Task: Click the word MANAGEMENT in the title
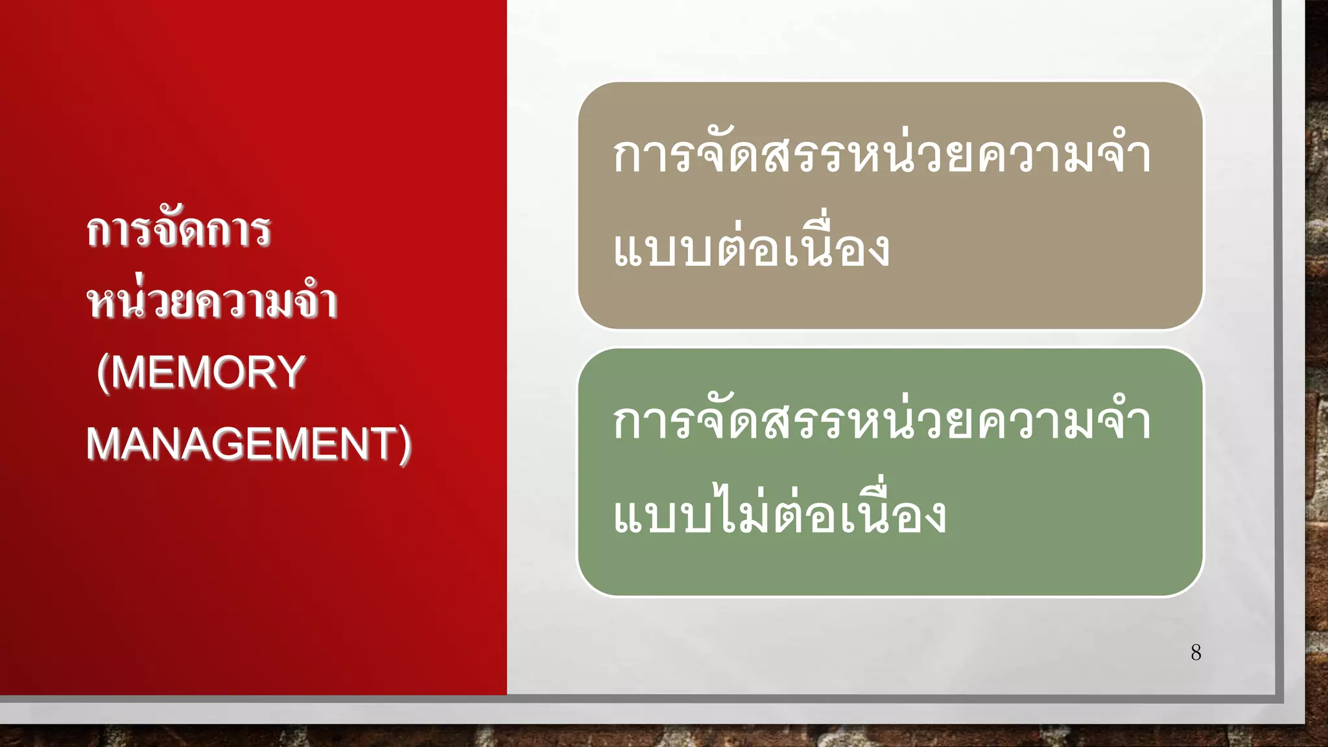[x=240, y=444]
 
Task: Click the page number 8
[x=1196, y=652]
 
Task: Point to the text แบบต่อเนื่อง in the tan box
[x=751, y=249]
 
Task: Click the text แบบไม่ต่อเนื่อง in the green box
[x=779, y=516]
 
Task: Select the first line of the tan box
[x=882, y=156]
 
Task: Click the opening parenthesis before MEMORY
[x=102, y=373]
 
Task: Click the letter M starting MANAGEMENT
[x=102, y=444]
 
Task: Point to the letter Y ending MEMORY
[x=292, y=372]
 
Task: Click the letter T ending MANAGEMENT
[x=383, y=444]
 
